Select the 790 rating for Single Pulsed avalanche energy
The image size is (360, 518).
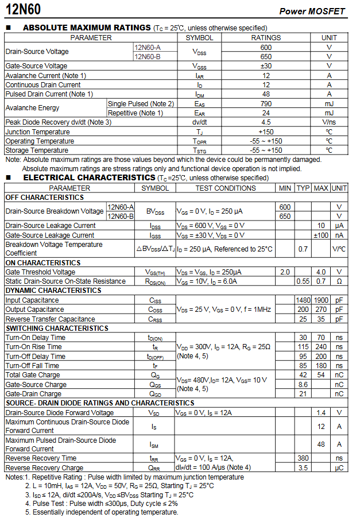[266, 103]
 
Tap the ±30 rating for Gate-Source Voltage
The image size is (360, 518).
[266, 66]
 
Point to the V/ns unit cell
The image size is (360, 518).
[329, 122]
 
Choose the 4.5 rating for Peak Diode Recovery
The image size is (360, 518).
[266, 122]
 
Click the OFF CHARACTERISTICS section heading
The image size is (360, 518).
[45, 198]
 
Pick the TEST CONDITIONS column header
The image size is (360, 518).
[226, 188]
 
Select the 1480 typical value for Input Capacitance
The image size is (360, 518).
[303, 300]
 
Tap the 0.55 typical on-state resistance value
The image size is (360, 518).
[303, 281]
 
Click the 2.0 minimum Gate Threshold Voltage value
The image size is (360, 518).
[285, 272]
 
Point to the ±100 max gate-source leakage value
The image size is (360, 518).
[321, 235]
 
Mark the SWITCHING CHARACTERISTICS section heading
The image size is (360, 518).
[57, 328]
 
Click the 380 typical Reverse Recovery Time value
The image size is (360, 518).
[303, 458]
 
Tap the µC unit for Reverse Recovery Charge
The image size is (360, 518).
[339, 467]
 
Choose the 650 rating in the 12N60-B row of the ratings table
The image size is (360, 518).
[266, 57]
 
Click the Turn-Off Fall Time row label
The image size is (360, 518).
[33, 366]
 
